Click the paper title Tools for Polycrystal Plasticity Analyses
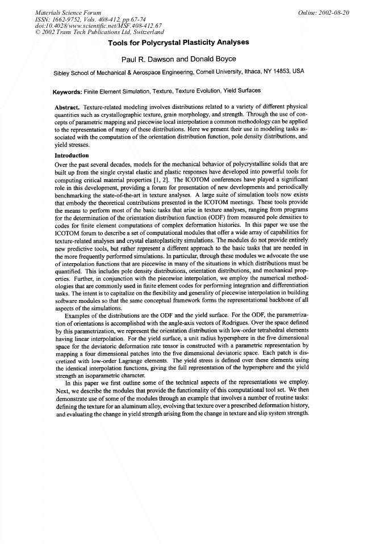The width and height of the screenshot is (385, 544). tap(192, 44)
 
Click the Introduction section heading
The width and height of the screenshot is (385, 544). tap(72, 155)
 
